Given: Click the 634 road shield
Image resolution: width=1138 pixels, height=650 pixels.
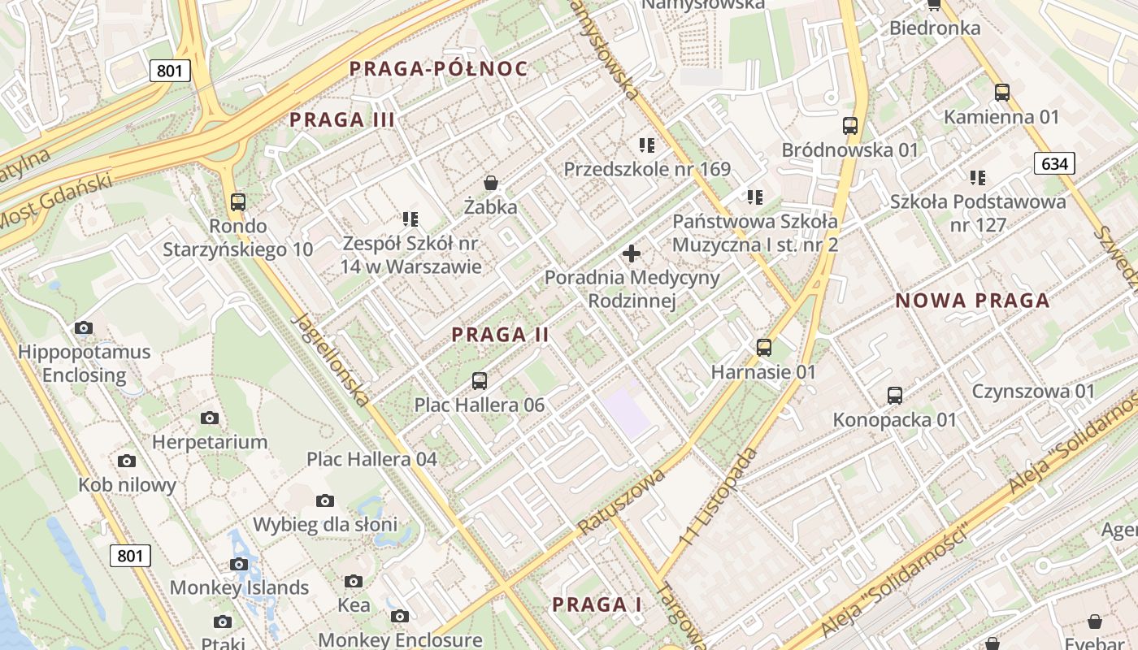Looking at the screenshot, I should pyautogui.click(x=1054, y=164).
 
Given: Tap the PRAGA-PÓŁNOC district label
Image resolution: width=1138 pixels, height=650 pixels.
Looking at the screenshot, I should pyautogui.click(x=439, y=69).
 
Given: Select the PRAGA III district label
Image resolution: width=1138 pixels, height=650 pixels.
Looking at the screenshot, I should pyautogui.click(x=342, y=120).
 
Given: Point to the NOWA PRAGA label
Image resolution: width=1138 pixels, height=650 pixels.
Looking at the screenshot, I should pyautogui.click(x=972, y=301).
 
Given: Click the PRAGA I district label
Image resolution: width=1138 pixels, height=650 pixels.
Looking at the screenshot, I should pyautogui.click(x=597, y=605).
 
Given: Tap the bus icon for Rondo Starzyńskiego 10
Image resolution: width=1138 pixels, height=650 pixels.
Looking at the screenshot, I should pyautogui.click(x=237, y=201).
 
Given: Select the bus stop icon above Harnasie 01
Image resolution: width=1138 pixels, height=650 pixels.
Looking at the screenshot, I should pyautogui.click(x=763, y=348).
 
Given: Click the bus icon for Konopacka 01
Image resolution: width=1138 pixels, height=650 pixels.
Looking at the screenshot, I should pyautogui.click(x=894, y=396).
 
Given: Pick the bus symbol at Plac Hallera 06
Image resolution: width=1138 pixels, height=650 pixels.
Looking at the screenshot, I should pyautogui.click(x=479, y=380).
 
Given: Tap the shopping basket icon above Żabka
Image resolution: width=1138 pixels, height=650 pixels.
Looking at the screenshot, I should pyautogui.click(x=490, y=183).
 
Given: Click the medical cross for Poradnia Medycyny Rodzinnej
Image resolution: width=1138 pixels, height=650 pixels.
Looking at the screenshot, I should pyautogui.click(x=631, y=253).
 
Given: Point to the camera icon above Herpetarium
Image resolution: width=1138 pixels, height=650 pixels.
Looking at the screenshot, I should pyautogui.click(x=210, y=418).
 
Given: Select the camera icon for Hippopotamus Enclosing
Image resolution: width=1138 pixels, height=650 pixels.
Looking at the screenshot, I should pyautogui.click(x=83, y=328).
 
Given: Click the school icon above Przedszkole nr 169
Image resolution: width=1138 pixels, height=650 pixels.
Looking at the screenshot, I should pyautogui.click(x=647, y=145).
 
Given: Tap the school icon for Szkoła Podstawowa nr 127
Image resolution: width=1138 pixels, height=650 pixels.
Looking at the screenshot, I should pyautogui.click(x=977, y=177).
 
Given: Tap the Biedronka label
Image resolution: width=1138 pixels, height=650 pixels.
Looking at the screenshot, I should pyautogui.click(x=935, y=28).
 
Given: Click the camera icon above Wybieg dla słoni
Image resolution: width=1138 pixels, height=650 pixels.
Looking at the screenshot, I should pyautogui.click(x=324, y=500).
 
